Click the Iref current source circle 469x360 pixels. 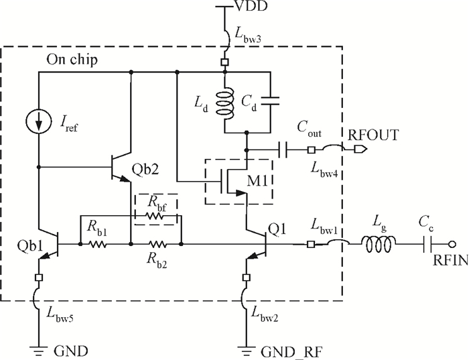(39, 122)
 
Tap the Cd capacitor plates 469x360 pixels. (270, 101)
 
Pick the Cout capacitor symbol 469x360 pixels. (283, 149)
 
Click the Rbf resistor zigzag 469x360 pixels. (155, 216)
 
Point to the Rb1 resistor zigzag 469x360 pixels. (98, 244)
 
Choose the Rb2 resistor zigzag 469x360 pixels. (158, 244)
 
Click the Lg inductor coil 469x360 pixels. (379, 244)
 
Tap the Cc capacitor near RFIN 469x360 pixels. (427, 244)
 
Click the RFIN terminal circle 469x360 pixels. (452, 244)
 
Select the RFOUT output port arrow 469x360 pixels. (360, 149)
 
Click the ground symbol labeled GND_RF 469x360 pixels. (247, 349)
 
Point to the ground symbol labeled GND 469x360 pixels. (39, 349)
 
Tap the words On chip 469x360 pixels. (72, 60)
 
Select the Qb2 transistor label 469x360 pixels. (145, 170)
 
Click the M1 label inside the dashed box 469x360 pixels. (257, 180)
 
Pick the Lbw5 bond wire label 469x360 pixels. (60, 314)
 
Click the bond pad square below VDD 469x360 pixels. (225, 62)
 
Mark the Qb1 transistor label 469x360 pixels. (30, 245)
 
